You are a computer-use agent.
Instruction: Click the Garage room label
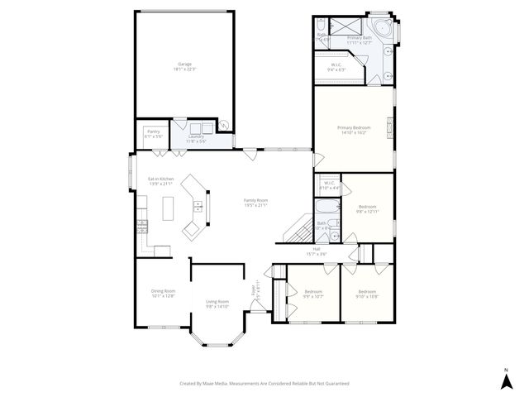coord(183,66)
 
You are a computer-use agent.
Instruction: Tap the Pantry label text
coord(153,132)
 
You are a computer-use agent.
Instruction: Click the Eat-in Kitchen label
coord(160,181)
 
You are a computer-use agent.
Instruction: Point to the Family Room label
coord(255,202)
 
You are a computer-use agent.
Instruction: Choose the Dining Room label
coord(163,293)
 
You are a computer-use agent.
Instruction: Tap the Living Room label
coord(217,304)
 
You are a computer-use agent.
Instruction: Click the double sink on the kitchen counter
coord(199,206)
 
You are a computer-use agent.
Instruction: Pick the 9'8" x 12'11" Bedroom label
coord(367,208)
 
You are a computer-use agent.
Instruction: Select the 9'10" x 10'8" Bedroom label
coord(367,294)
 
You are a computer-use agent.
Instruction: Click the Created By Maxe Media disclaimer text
coord(264,384)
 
